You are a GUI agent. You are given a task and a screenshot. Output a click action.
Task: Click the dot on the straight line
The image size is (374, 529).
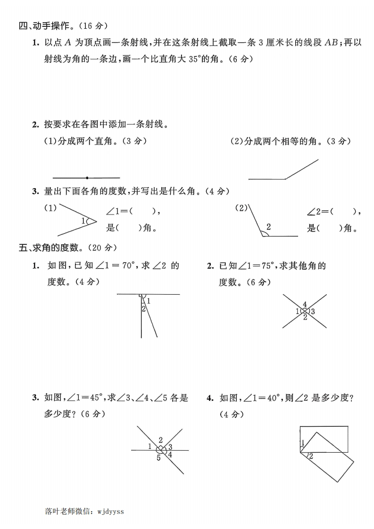pos(87,178)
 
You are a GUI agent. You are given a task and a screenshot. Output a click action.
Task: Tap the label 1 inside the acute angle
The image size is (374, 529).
pos(83,221)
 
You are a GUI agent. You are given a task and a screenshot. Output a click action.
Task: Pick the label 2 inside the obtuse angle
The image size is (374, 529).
pos(268,227)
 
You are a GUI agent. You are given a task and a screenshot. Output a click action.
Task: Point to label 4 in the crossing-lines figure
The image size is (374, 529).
pos(305,304)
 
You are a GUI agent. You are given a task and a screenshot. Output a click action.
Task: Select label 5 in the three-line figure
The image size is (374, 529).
pos(158,458)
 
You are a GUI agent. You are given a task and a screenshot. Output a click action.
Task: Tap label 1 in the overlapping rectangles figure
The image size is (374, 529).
pos(303,442)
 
